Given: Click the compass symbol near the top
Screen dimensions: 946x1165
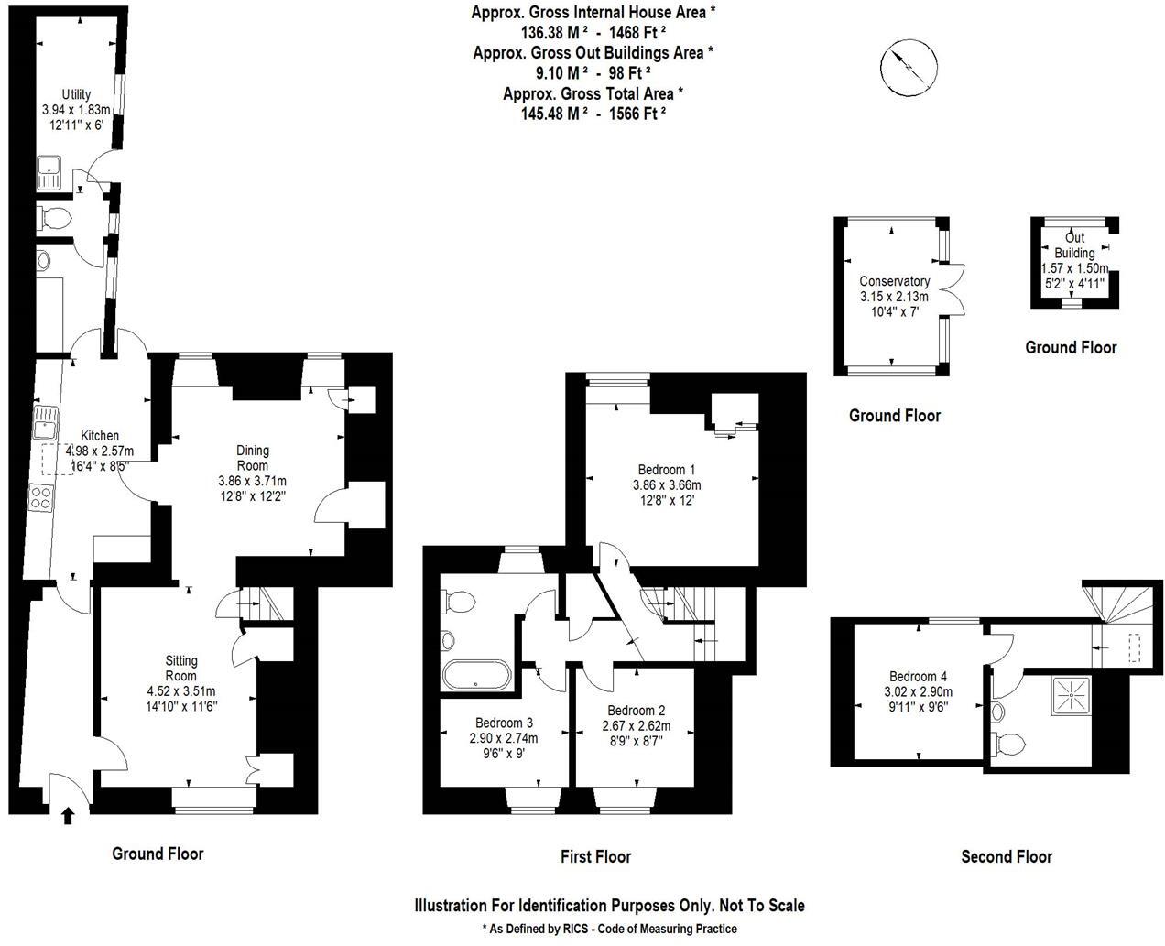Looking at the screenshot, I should coord(909,66).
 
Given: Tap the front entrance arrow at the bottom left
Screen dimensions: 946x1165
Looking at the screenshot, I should coord(67,814).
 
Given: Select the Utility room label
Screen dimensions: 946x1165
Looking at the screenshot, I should coord(76,94).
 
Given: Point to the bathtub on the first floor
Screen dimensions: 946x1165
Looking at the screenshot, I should coord(474,675).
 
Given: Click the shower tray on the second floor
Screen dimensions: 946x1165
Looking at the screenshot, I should coord(1069,695).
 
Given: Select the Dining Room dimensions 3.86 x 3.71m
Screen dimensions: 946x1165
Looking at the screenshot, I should coord(252,481).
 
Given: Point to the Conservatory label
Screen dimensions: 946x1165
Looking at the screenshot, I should coord(894,281).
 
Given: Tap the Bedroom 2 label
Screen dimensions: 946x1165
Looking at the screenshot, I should coord(636,711).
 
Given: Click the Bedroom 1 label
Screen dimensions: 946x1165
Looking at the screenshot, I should coord(666,470).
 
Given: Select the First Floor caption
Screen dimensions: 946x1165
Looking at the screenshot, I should coord(595,857).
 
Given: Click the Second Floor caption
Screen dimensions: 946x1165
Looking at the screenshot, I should coord(1006,857).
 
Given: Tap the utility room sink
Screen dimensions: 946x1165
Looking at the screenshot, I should coord(49,172).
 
